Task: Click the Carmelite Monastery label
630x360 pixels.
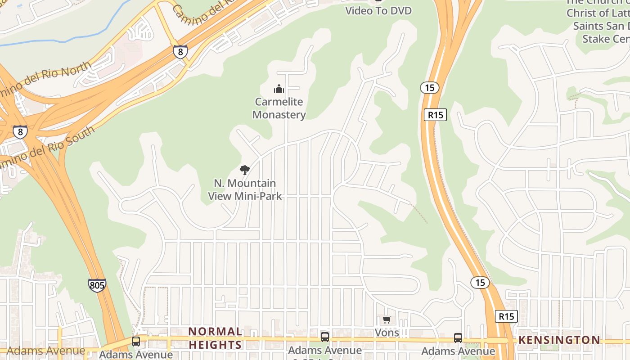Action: tap(279, 108)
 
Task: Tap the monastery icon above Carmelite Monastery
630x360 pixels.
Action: tap(279, 88)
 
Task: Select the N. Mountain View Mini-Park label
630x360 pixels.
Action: tap(245, 189)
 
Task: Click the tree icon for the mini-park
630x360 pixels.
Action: tap(245, 170)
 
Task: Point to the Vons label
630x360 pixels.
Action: tap(387, 333)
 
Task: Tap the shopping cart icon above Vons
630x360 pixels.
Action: tap(387, 320)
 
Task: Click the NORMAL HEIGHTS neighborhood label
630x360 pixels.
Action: tap(215, 338)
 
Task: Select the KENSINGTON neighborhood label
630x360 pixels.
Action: tap(559, 340)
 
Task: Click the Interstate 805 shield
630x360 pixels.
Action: tap(97, 285)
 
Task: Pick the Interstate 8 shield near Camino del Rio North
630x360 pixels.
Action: tap(180, 52)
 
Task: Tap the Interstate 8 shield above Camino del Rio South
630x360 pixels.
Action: tap(20, 132)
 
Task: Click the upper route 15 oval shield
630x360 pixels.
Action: tap(430, 87)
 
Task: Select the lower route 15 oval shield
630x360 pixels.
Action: tap(480, 283)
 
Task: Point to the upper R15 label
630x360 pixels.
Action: tap(435, 115)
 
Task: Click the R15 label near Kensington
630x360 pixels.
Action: tap(506, 316)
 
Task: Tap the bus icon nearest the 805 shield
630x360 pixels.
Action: tap(135, 341)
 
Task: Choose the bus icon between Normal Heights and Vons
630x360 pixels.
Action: tap(324, 337)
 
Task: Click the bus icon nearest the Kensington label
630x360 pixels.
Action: tap(458, 337)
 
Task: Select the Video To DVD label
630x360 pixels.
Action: tap(378, 10)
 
